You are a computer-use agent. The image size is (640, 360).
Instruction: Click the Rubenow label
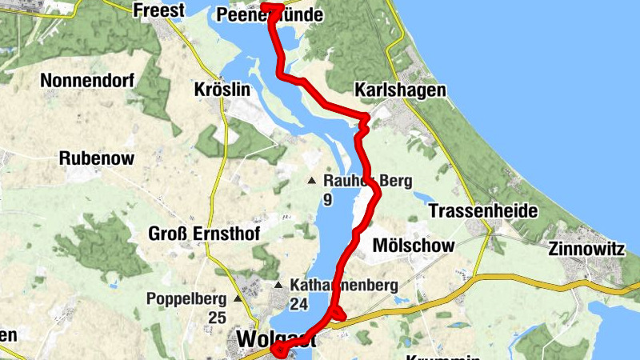pos(96,158)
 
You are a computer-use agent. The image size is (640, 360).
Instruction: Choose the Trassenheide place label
pos(483,210)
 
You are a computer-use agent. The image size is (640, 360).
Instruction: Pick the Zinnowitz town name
pos(586,249)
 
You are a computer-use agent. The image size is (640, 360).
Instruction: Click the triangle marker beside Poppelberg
pos(238,299)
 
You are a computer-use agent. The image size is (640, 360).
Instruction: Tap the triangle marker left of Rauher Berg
pos(312,181)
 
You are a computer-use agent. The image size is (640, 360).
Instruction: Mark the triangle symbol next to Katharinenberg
pos(278,286)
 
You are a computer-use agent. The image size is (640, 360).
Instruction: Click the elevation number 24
pos(299,304)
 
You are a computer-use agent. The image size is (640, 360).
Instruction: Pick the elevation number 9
pos(327,199)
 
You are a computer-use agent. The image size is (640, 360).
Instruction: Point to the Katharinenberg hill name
pos(344,286)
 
